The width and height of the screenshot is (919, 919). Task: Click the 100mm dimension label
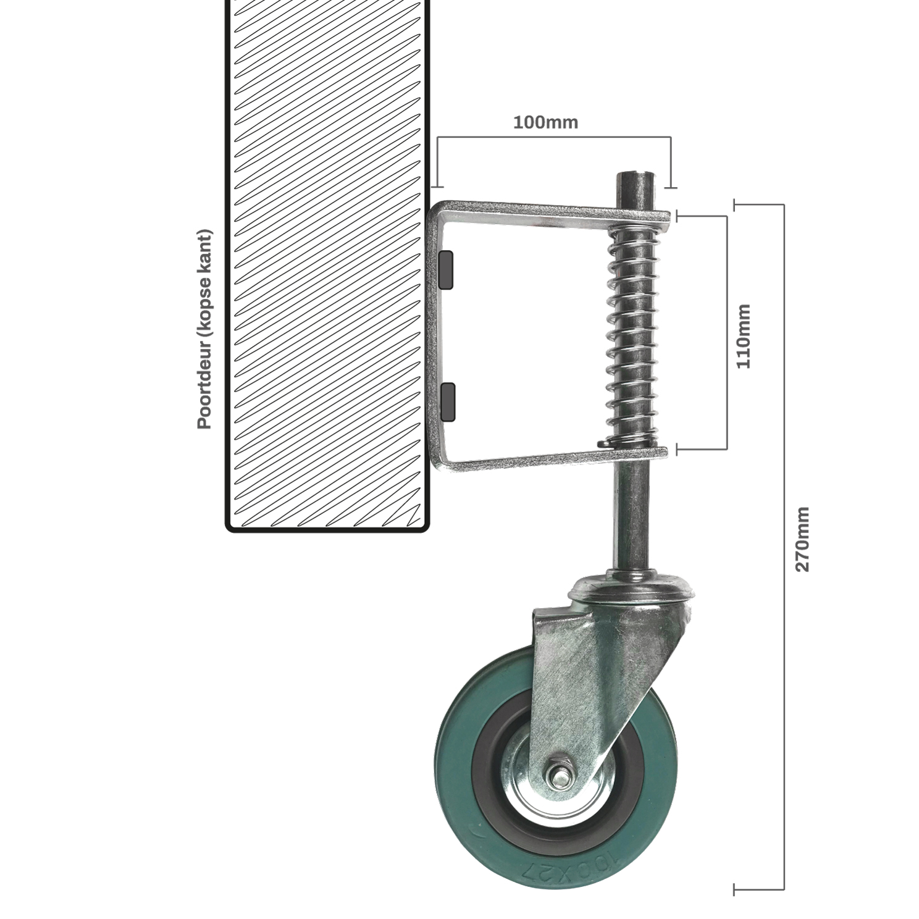(x=545, y=122)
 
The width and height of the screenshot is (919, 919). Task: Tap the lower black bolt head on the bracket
(x=448, y=401)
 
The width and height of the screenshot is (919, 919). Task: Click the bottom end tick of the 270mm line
(x=734, y=889)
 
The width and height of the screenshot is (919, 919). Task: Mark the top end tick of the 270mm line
(x=734, y=204)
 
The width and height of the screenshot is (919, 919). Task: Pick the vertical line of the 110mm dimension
(x=727, y=333)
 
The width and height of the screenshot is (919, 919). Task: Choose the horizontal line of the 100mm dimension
(x=553, y=137)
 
